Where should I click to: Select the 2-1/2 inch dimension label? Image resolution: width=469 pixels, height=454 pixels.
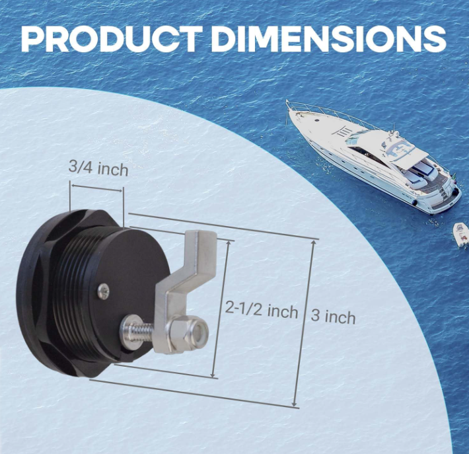pyautogui.click(x=261, y=309)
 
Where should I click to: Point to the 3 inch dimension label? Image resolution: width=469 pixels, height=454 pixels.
pyautogui.click(x=333, y=317)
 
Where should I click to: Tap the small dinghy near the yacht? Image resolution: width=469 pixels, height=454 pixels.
pyautogui.click(x=460, y=233)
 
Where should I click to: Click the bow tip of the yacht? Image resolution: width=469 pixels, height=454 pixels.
pyautogui.click(x=289, y=104)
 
